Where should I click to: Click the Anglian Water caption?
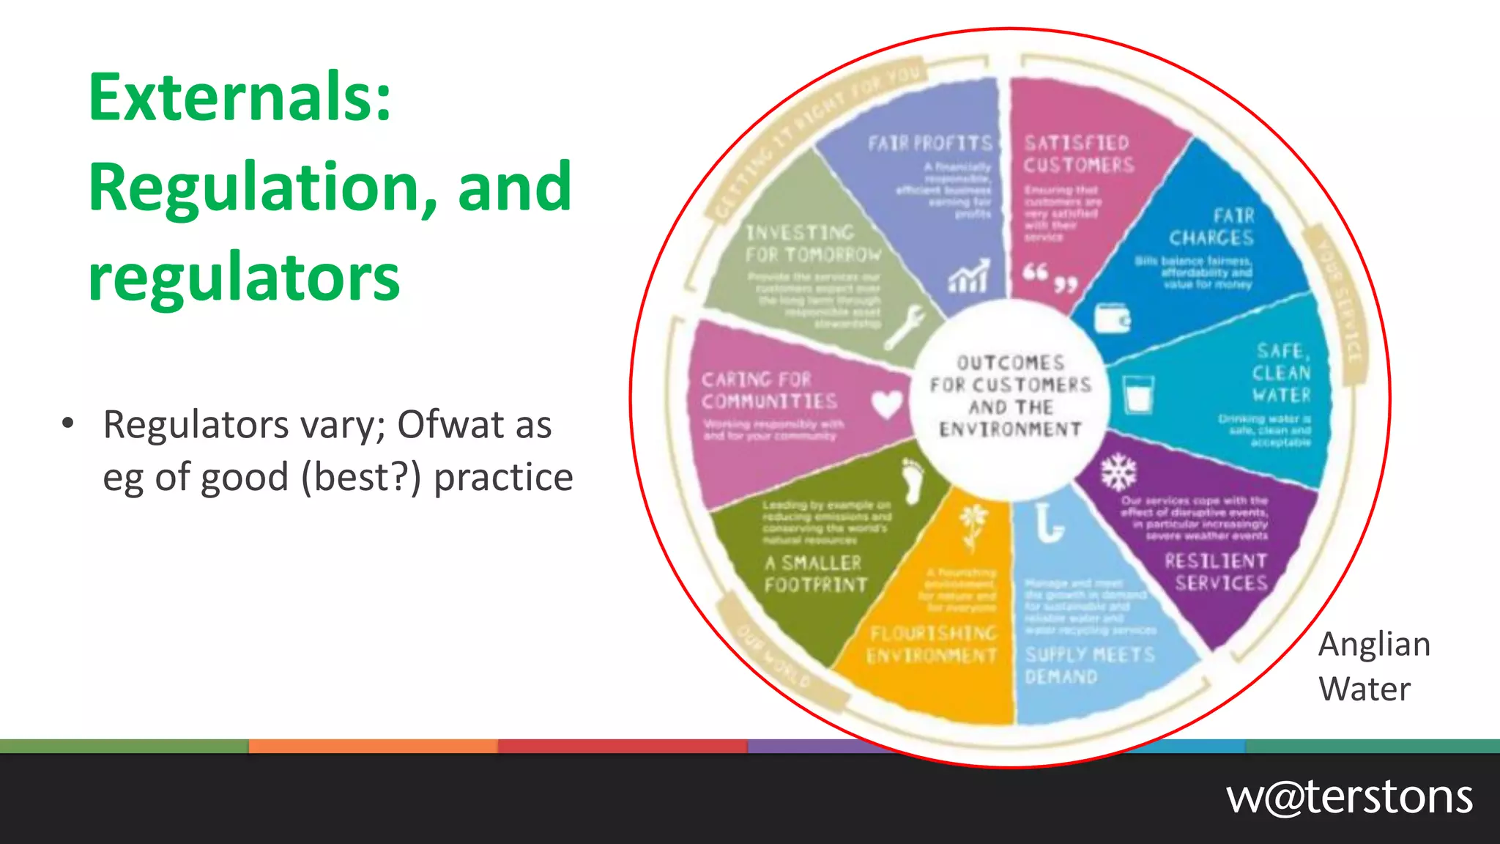click(1373, 666)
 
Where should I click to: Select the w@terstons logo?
click(1348, 797)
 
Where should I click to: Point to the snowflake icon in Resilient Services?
click(1118, 473)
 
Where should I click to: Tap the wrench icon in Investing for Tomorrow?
click(905, 327)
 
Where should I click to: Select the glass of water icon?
click(1138, 395)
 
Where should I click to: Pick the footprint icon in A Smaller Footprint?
click(913, 481)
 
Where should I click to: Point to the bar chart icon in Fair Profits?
click(969, 276)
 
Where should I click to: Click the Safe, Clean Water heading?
click(1281, 373)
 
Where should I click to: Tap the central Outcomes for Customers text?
click(1011, 396)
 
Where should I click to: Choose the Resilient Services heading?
click(1217, 572)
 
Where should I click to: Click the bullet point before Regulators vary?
click(68, 423)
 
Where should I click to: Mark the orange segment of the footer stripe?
click(374, 747)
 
